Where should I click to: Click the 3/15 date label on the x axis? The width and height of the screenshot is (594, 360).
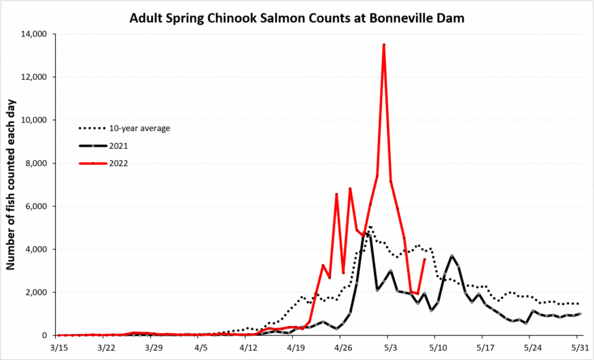(x=58, y=348)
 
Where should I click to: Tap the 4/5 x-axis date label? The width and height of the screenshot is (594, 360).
(x=201, y=348)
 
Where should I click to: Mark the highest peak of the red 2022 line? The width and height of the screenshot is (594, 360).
(x=384, y=44)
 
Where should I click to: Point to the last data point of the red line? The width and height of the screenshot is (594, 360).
(x=425, y=260)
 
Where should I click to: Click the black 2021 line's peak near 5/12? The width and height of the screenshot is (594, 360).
(x=452, y=256)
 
